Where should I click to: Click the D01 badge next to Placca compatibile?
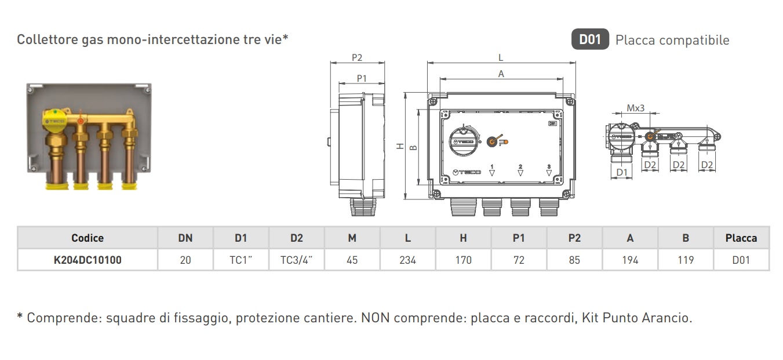[x=590, y=40]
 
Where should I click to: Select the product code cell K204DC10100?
[x=88, y=260]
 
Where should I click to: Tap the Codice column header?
[x=88, y=238]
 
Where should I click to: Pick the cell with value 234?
[x=407, y=260]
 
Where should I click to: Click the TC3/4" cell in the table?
[x=296, y=260]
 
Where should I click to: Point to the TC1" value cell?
[x=241, y=260]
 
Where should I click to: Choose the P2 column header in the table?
[x=574, y=238]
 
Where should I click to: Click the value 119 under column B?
[x=686, y=260]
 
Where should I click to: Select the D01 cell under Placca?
[x=741, y=260]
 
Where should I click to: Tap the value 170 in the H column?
[x=463, y=260]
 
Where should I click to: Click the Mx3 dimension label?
[x=636, y=108]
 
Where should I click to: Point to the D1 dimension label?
[x=621, y=172]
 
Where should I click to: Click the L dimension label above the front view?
[x=501, y=57]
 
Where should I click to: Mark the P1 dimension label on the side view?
[x=362, y=78]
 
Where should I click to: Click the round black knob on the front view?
[x=464, y=141]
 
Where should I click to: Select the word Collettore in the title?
[x=45, y=39]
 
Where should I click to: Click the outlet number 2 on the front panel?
[x=520, y=166]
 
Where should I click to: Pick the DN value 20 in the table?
[x=185, y=260]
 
